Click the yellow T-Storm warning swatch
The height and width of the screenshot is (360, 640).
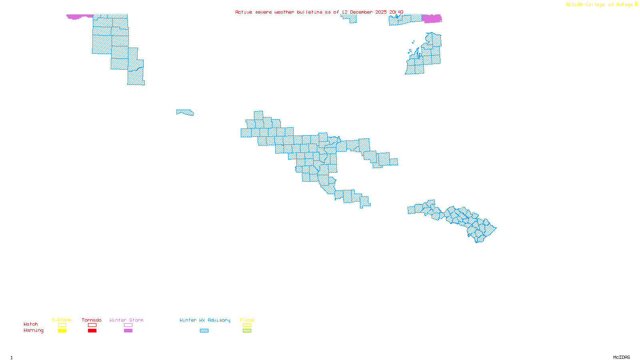point(62,331)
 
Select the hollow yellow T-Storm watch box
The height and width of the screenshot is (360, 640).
point(62,325)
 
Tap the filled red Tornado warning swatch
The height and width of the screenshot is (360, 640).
point(92,331)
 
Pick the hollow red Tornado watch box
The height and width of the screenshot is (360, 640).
point(92,325)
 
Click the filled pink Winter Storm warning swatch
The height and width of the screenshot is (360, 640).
point(128,331)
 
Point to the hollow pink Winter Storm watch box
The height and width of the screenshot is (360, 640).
point(128,325)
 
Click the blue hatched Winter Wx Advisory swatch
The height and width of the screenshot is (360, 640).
point(204,331)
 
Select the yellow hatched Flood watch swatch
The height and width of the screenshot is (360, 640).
point(247,325)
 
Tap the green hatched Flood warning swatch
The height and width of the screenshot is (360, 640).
point(247,331)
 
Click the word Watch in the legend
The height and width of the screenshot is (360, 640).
point(31,324)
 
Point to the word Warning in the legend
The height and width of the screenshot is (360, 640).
point(33,330)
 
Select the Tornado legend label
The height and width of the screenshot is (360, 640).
point(92,320)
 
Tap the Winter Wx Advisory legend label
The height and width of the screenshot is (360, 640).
point(205,320)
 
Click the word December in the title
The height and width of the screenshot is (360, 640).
point(361,12)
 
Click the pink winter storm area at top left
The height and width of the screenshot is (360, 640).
point(79,16)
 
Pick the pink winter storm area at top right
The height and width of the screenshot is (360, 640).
point(432,18)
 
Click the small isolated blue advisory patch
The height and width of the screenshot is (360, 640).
point(185,112)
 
